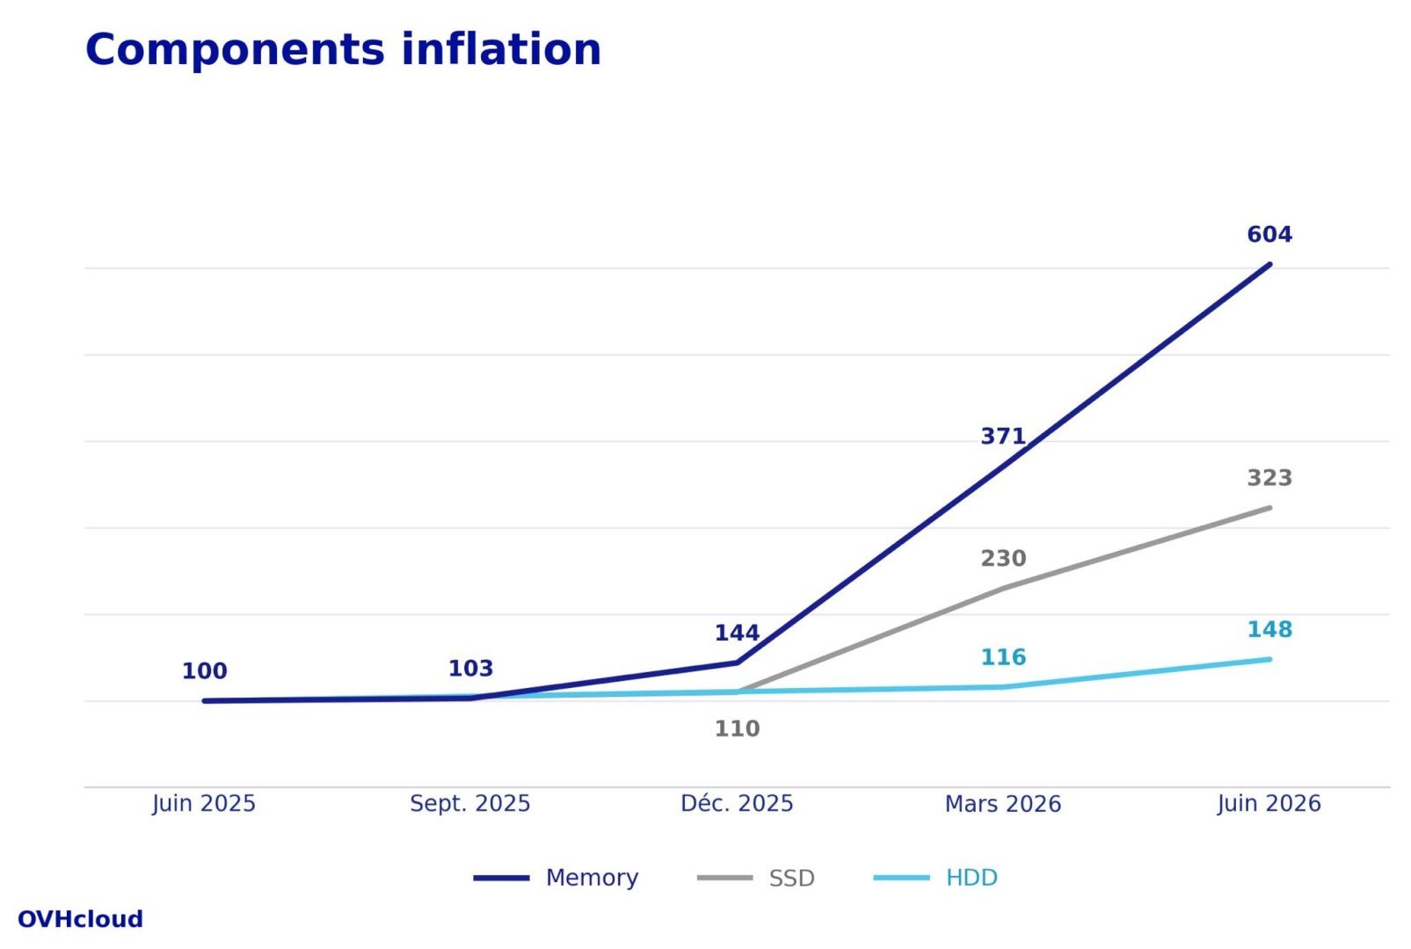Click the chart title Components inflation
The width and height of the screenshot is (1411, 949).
(x=344, y=50)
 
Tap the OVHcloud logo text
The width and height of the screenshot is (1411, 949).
(x=80, y=919)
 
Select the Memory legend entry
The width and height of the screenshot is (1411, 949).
(x=556, y=878)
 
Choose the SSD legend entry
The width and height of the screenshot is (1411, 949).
(x=756, y=878)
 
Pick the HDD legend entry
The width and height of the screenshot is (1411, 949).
(x=935, y=878)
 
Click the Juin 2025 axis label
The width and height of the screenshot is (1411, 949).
(x=204, y=804)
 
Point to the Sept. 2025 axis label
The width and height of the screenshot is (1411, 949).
(x=470, y=804)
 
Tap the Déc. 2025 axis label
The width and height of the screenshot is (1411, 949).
(x=737, y=804)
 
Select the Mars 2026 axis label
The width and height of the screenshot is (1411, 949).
(x=1003, y=804)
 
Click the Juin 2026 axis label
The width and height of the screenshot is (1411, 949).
(x=1269, y=804)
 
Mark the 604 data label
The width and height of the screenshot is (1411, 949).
(x=1269, y=235)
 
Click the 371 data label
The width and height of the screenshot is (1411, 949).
(x=1003, y=437)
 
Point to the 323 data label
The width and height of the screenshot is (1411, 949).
(x=1269, y=478)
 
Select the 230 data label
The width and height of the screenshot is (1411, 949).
(x=1003, y=559)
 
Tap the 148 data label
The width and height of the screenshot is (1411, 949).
(x=1269, y=630)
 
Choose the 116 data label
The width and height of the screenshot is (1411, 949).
(x=1003, y=657)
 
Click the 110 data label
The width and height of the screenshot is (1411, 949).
(x=737, y=729)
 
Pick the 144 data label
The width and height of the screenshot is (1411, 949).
(x=737, y=633)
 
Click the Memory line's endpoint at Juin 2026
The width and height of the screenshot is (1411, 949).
(x=1269, y=264)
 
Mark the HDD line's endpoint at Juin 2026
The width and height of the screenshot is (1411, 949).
(x=1269, y=659)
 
